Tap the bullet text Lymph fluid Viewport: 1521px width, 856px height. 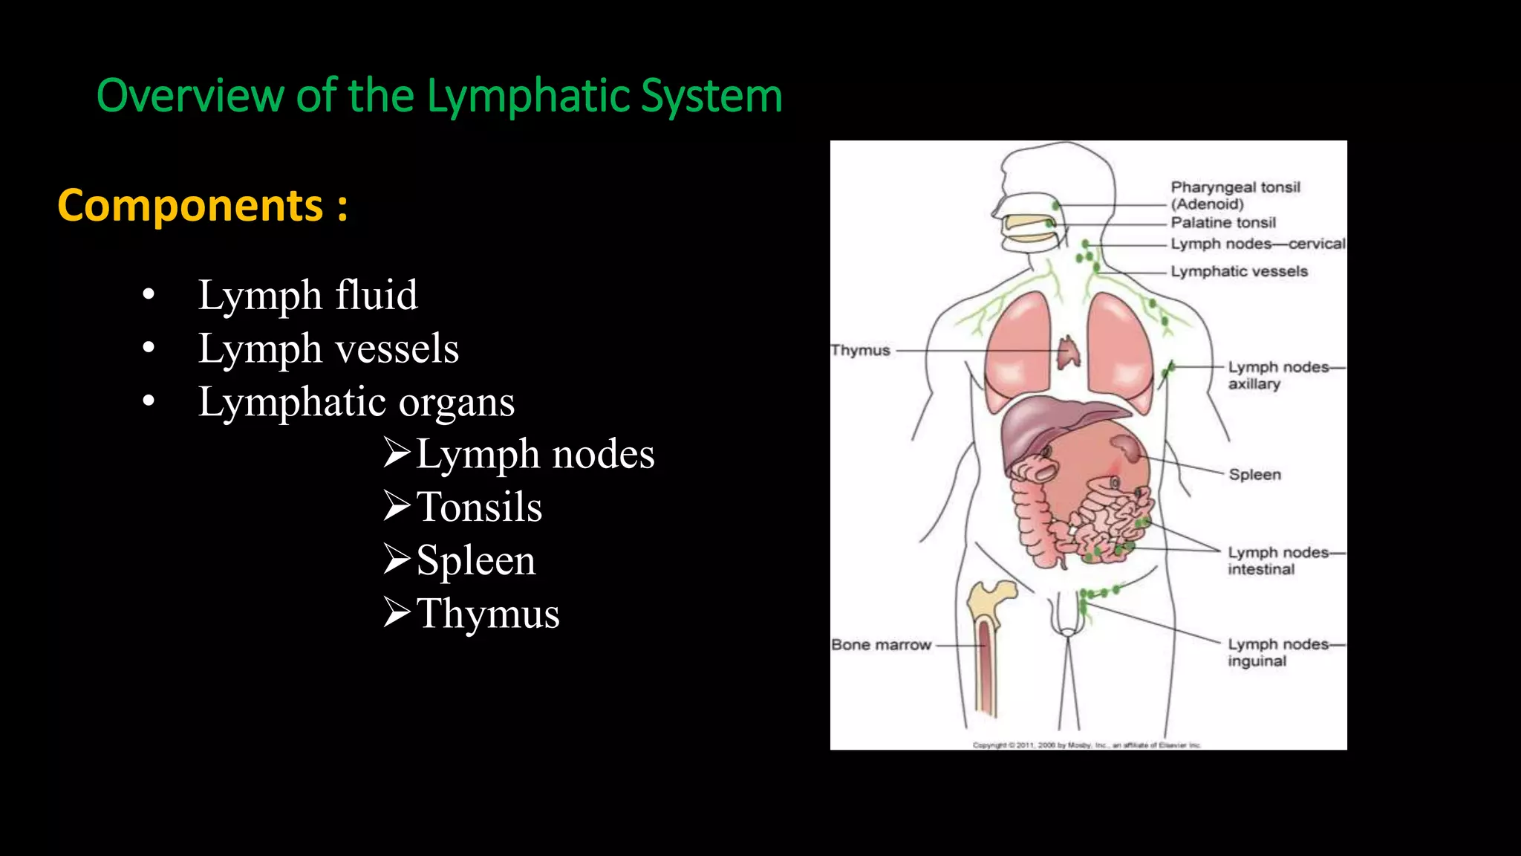click(307, 295)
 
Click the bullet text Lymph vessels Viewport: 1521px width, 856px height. click(328, 348)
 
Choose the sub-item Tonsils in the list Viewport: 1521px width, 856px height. click(479, 508)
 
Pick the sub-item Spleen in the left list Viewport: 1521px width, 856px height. click(475, 560)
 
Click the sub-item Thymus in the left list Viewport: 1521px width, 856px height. click(487, 614)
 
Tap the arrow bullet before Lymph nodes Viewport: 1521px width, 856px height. click(397, 453)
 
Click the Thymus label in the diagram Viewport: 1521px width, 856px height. click(860, 350)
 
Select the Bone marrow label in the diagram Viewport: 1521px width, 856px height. click(881, 645)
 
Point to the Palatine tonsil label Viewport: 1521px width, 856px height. click(1222, 222)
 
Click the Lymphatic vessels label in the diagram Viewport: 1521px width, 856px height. click(1239, 271)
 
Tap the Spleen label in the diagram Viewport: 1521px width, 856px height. click(1254, 474)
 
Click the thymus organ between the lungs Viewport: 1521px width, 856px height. click(1069, 353)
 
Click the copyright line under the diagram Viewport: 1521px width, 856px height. click(1087, 745)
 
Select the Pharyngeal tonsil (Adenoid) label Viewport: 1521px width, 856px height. click(1235, 195)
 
